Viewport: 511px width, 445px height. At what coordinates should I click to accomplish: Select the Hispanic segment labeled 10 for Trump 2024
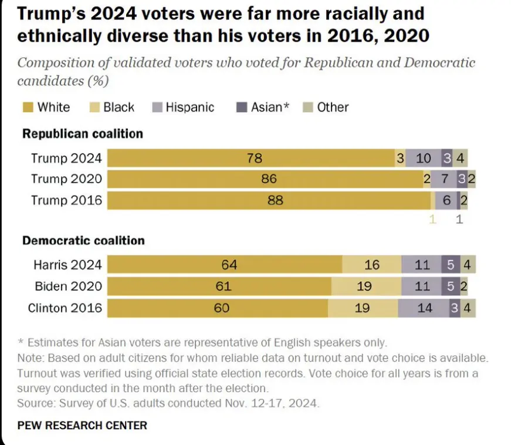point(423,159)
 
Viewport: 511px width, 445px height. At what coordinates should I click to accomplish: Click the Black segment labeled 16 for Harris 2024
point(372,265)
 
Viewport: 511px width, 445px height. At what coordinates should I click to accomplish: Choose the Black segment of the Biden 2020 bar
point(364,286)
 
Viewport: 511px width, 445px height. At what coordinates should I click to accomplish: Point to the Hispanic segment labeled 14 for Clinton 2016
point(424,308)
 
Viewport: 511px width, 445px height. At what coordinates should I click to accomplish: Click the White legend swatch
point(28,107)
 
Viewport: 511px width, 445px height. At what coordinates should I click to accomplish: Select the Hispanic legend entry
point(183,107)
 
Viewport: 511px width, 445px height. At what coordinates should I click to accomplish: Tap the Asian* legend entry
point(265,107)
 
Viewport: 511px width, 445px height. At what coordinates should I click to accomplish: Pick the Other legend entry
point(327,107)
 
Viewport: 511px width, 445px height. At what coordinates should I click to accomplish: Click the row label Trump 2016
point(66,200)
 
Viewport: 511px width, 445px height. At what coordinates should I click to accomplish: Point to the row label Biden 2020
point(67,286)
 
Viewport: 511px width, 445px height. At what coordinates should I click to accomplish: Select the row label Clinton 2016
point(65,308)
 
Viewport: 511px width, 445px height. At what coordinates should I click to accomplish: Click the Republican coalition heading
point(82,134)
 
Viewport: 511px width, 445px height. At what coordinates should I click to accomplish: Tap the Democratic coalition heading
point(83,240)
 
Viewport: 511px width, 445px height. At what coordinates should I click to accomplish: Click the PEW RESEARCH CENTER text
point(82,425)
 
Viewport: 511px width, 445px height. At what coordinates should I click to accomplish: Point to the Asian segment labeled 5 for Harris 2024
point(451,265)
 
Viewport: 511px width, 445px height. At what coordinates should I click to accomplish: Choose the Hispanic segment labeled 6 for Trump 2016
point(446,200)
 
